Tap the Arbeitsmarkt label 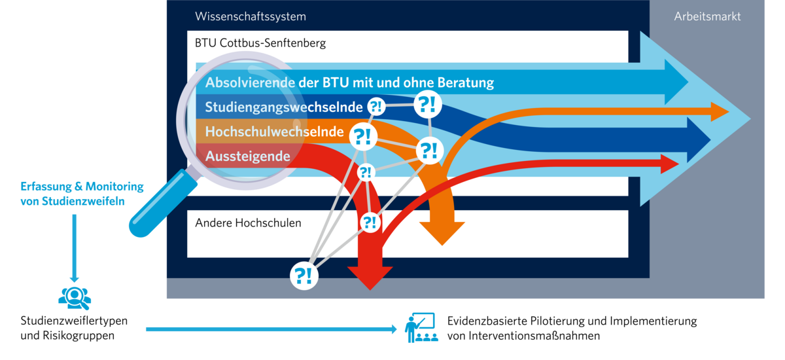coord(707,16)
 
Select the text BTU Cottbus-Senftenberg coord(260,44)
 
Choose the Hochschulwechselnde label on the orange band coord(274,132)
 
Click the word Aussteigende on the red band coord(247,156)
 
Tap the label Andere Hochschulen coord(248,223)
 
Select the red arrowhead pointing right coord(670,164)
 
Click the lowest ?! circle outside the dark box coord(304,275)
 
